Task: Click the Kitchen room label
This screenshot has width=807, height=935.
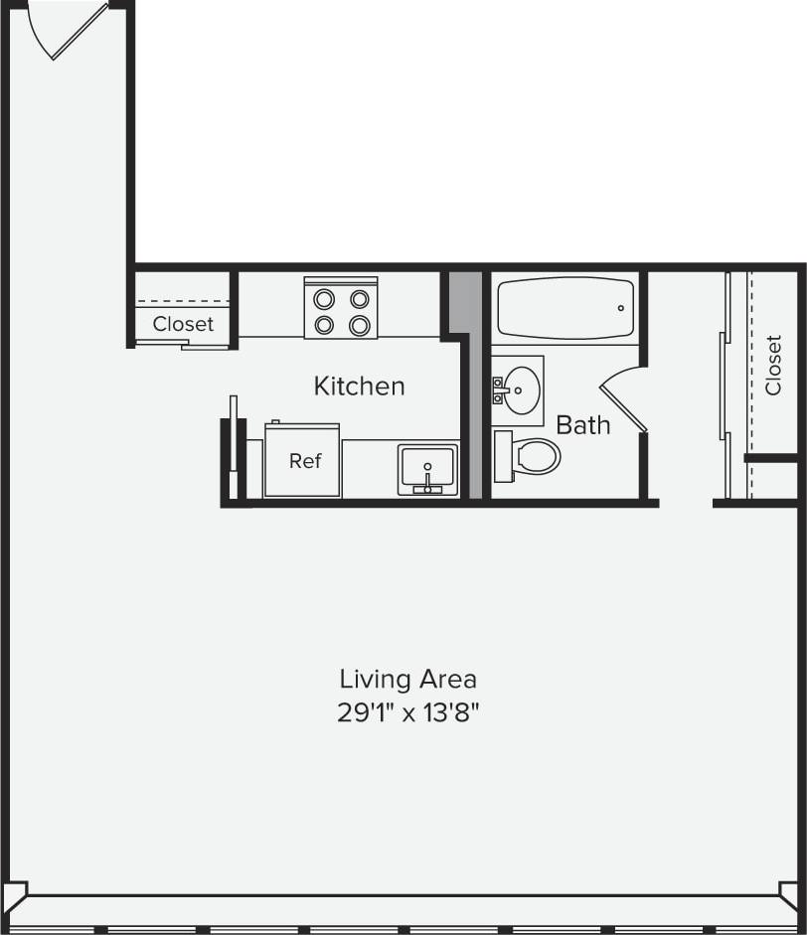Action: click(359, 386)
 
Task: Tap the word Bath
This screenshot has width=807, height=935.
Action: click(583, 425)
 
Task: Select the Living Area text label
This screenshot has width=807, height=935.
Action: click(407, 680)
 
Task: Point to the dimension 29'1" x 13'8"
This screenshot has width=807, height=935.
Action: click(407, 712)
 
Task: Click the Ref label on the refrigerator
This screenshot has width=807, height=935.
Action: click(305, 461)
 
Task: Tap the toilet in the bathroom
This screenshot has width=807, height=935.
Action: click(536, 456)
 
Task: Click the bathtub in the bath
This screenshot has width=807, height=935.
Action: click(564, 308)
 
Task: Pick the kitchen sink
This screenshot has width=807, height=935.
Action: click(427, 467)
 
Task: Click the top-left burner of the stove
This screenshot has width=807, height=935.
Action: click(324, 298)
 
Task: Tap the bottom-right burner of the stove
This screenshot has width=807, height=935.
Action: click(360, 324)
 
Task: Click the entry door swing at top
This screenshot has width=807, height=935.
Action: click(70, 30)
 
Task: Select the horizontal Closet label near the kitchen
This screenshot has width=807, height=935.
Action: click(183, 324)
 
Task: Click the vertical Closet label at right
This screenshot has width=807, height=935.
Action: click(773, 365)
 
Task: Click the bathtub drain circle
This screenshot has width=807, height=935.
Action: click(620, 308)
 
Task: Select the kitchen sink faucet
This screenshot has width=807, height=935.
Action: click(428, 484)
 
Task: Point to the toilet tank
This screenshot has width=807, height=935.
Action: click(502, 456)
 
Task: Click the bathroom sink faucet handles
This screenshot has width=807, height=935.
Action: click(498, 390)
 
